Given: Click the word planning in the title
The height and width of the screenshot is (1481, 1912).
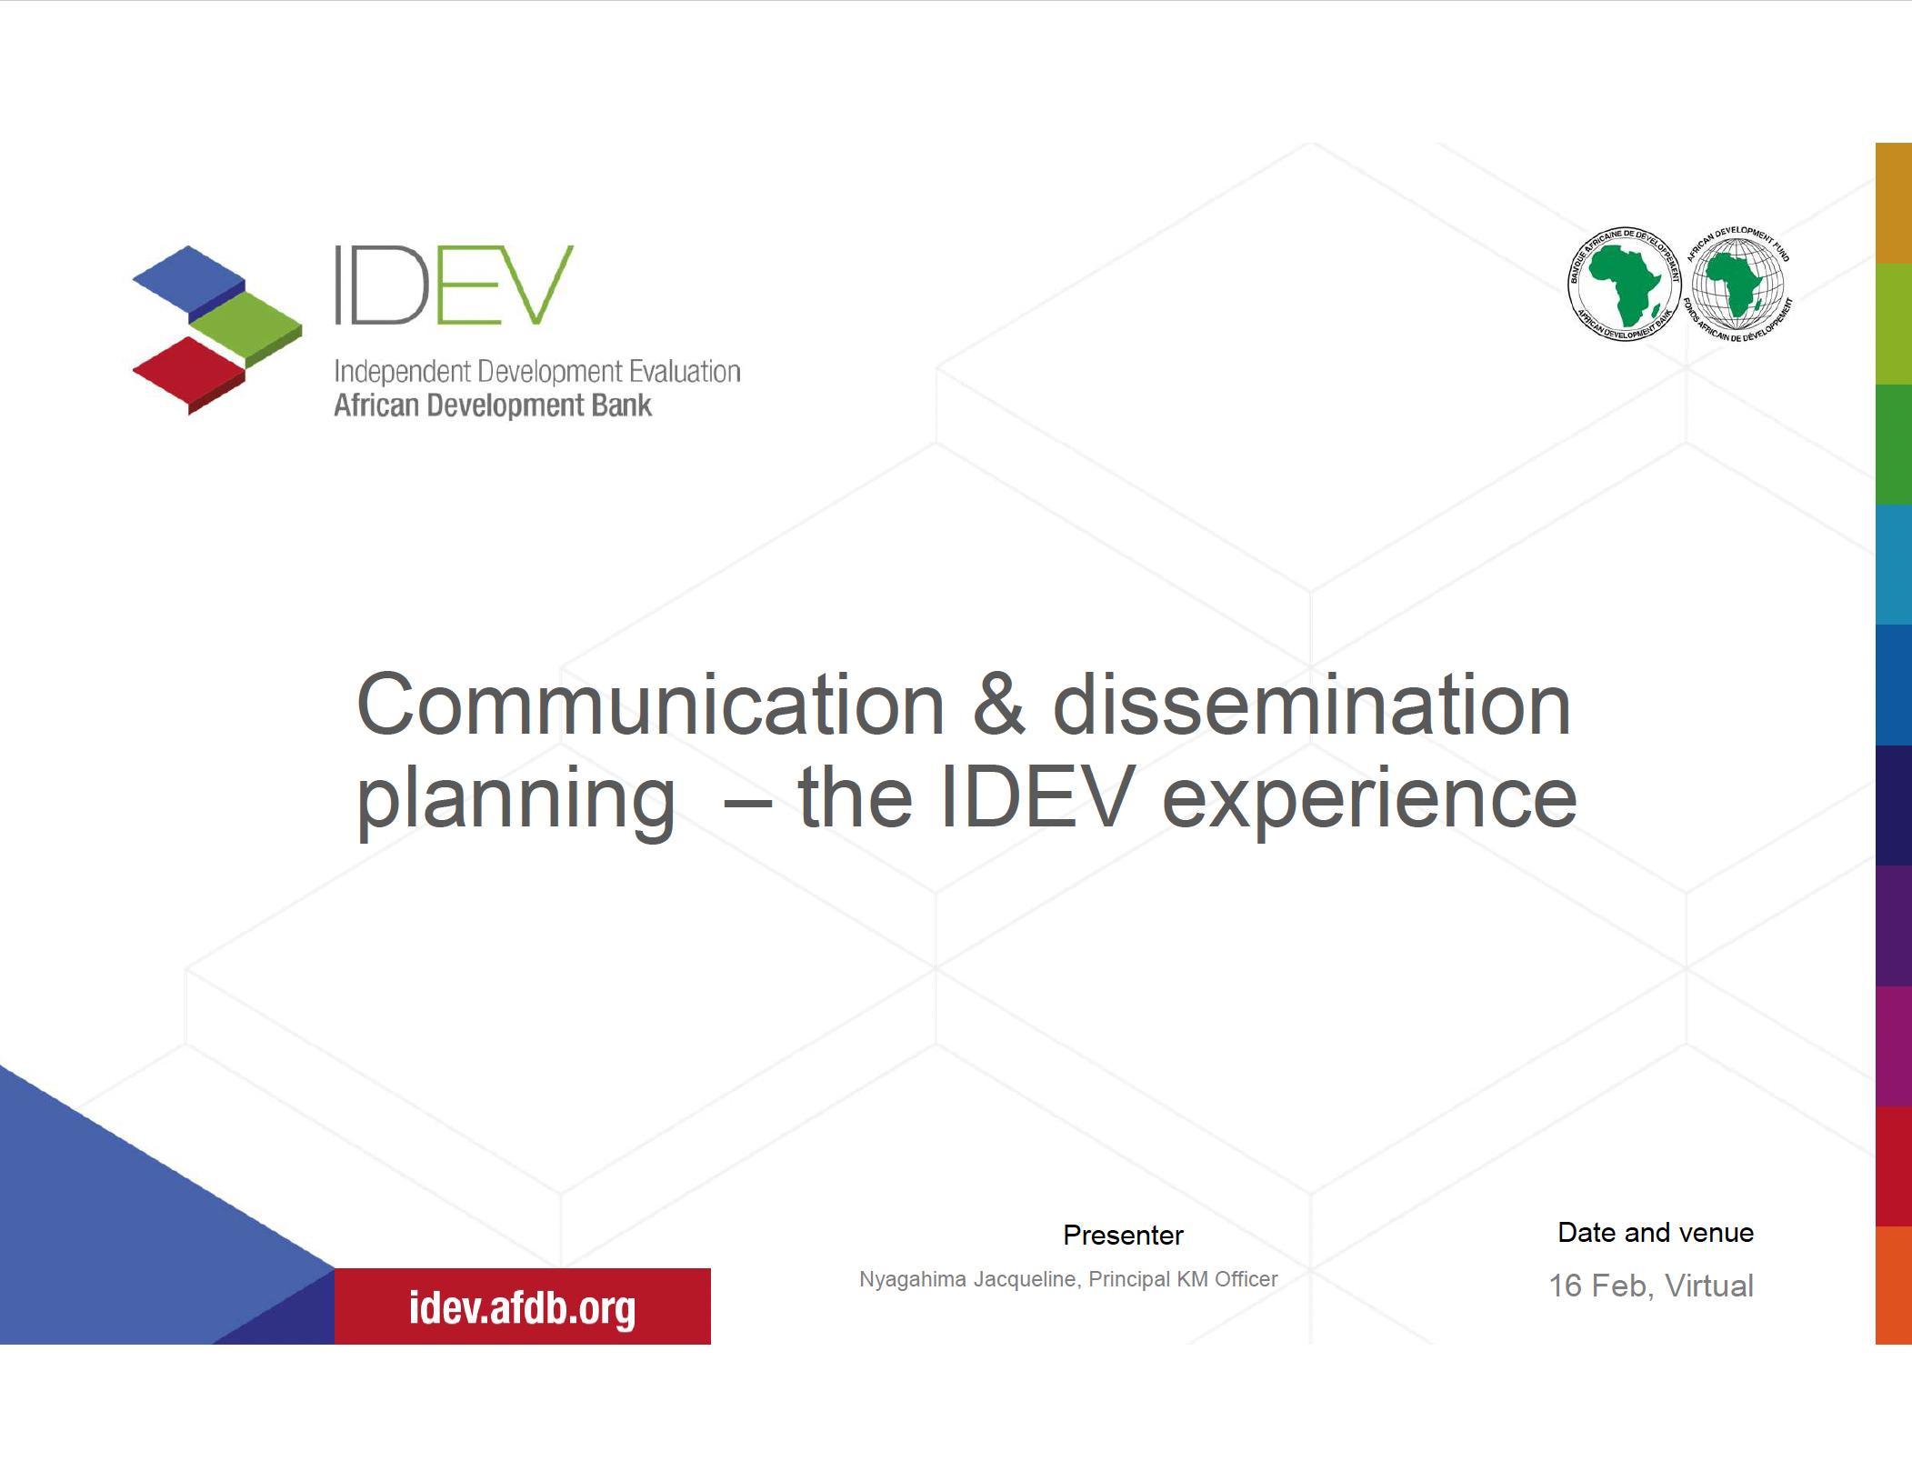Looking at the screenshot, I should click(516, 798).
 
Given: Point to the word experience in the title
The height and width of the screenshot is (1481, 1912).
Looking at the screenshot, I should click(1369, 798).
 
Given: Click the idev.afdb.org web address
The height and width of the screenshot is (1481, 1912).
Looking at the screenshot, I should click(522, 1307).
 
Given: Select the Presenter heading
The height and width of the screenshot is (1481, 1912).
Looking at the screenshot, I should click(1123, 1235).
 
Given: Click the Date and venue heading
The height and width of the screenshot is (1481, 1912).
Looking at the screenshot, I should click(1655, 1232).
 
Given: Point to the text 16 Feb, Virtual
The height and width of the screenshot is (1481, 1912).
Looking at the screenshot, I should click(1651, 1286).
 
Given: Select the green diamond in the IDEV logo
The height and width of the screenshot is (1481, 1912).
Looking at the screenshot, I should click(246, 325).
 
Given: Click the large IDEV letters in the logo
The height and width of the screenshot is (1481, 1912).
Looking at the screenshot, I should click(453, 285).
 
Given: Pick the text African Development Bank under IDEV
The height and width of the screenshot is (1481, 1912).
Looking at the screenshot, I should click(492, 405).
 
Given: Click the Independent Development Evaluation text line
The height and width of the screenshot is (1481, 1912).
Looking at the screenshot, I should click(536, 372).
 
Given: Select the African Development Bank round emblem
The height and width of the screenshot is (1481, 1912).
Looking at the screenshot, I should click(1625, 284).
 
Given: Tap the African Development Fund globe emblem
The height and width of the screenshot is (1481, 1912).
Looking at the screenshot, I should click(1737, 284).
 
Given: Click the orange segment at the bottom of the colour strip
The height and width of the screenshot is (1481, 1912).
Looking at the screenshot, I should click(1893, 1284).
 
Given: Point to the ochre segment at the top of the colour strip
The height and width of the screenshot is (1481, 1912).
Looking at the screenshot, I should click(1893, 202).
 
